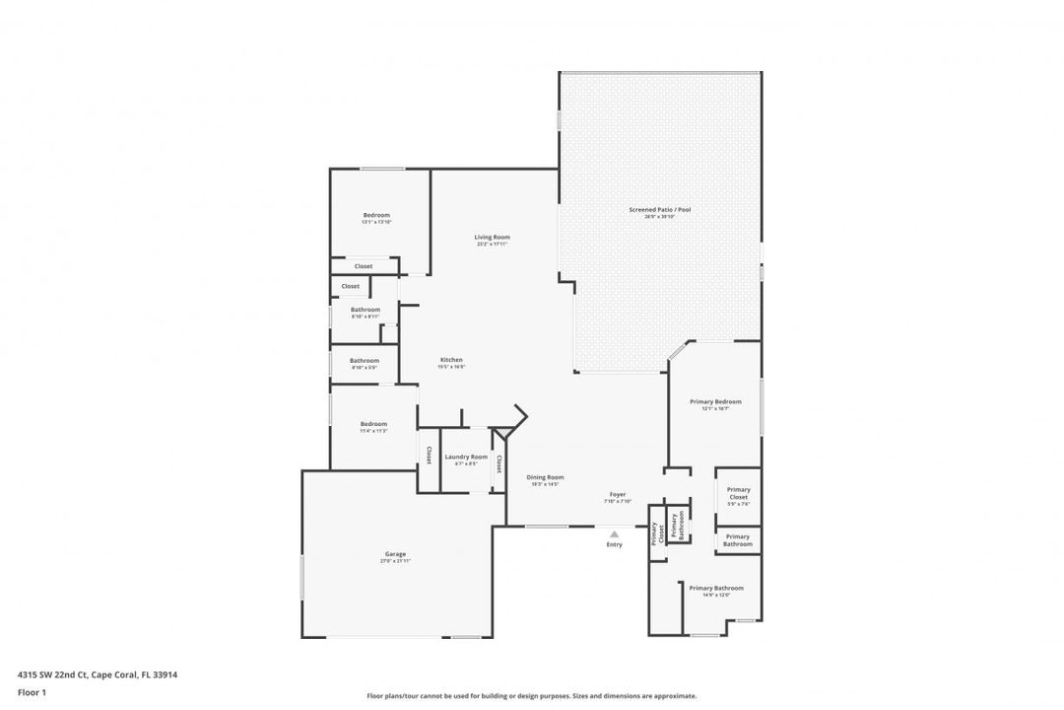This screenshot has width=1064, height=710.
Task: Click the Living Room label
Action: (x=492, y=237)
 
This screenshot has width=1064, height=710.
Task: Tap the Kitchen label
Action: (x=451, y=360)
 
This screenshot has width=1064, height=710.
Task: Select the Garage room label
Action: (x=395, y=554)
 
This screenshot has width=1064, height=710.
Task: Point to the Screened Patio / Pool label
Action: (x=660, y=209)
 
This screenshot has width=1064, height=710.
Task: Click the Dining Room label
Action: (x=545, y=477)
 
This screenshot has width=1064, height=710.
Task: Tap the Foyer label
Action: (x=618, y=494)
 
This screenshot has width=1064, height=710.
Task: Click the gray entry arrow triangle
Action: (x=615, y=534)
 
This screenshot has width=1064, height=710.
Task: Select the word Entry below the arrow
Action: (x=615, y=544)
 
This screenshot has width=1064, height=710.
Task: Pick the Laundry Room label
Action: (x=466, y=457)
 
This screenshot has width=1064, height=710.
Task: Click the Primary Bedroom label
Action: (x=715, y=401)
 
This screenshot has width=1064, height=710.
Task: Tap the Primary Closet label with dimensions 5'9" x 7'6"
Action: (x=739, y=493)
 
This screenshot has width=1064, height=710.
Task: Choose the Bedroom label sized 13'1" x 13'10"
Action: (x=376, y=215)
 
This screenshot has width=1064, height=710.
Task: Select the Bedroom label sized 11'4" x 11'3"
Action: (x=373, y=424)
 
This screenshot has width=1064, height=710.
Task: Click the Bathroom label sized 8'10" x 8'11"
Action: (x=365, y=310)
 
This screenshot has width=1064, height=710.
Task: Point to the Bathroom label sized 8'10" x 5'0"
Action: (x=364, y=361)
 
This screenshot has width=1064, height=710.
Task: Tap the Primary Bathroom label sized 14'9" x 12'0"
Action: (x=716, y=588)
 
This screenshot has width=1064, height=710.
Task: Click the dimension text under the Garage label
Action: (x=395, y=561)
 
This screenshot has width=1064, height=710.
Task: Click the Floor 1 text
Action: (x=32, y=692)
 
